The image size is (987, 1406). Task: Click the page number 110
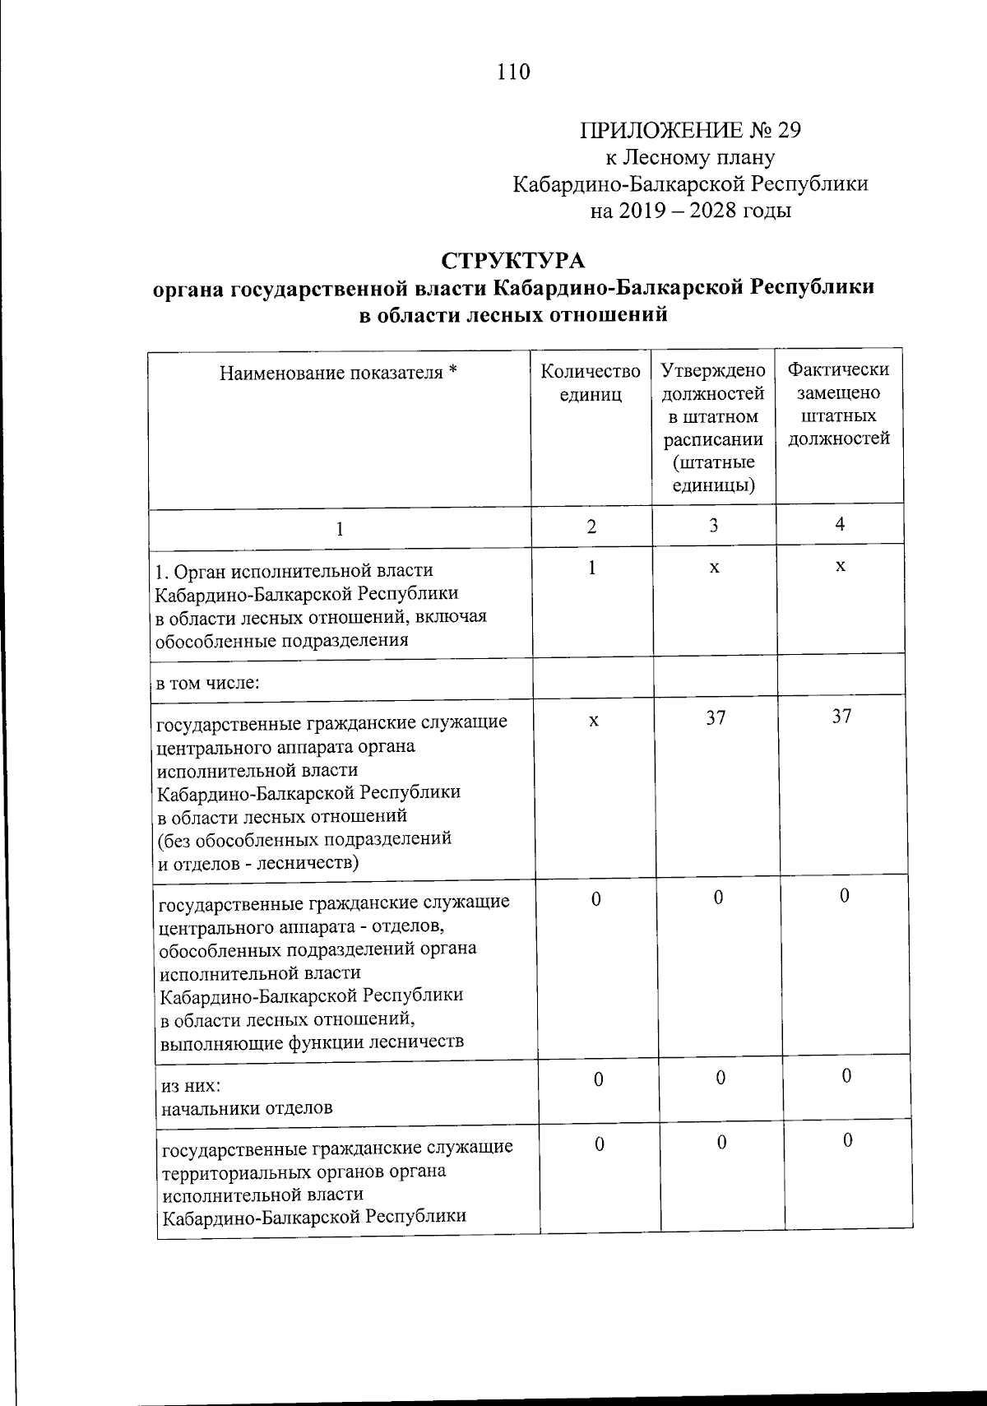point(513,72)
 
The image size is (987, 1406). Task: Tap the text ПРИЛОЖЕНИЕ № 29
point(690,131)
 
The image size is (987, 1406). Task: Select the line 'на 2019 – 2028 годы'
point(690,211)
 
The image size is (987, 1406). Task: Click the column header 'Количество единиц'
point(590,383)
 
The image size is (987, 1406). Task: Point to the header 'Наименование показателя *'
point(338,373)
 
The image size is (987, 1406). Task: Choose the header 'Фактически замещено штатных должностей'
point(838,404)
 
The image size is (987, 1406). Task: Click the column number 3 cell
point(713,526)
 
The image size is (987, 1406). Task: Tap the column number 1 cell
point(338,528)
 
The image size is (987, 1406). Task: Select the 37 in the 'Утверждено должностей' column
point(716,717)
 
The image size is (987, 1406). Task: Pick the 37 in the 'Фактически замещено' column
point(841,716)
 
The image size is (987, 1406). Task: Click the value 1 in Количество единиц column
point(591,568)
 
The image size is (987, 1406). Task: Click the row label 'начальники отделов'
point(247,1107)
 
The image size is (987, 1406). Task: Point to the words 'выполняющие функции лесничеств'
point(312,1042)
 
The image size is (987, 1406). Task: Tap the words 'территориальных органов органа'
point(304,1170)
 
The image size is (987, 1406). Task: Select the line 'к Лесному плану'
point(690,157)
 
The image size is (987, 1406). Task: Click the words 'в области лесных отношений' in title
point(513,314)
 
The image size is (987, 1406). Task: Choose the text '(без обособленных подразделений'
point(304,839)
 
